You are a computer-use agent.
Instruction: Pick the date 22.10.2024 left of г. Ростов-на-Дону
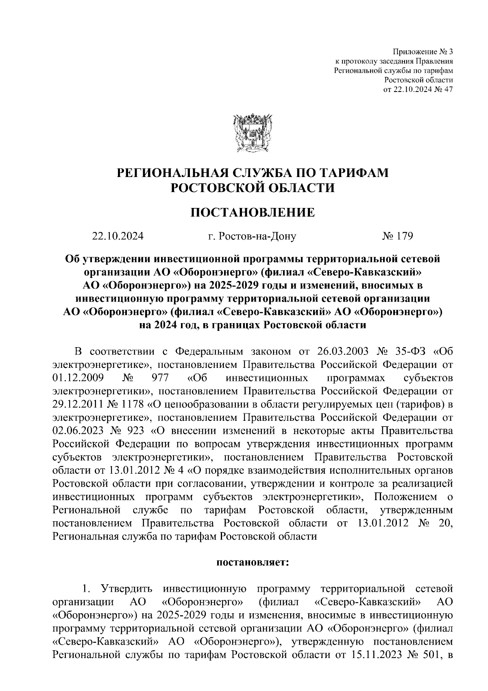pyautogui.click(x=118, y=236)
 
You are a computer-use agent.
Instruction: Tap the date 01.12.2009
pyautogui.click(x=78, y=378)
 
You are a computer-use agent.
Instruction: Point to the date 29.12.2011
pyautogui.click(x=78, y=405)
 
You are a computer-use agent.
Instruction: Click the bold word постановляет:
pyautogui.click(x=253, y=563)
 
